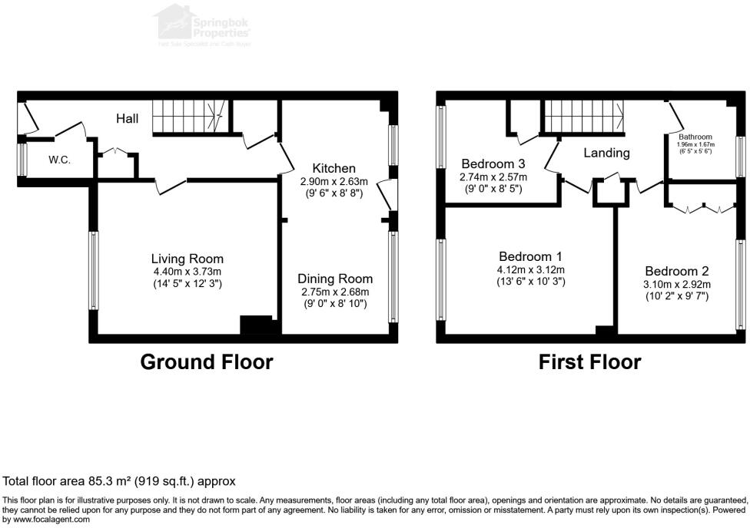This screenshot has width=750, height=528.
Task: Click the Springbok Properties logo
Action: pos(203,24)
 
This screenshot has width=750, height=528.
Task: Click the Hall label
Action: pos(128,119)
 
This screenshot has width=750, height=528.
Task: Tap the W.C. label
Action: pos(60,160)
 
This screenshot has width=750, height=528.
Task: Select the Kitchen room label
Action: pos(334,169)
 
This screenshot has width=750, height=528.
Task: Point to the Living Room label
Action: pos(187,259)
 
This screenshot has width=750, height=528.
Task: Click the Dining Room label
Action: pos(335,279)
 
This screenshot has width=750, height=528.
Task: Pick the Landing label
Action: pos(606,153)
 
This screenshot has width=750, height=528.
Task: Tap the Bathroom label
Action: pos(695,137)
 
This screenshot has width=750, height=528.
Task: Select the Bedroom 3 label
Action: pos(493,164)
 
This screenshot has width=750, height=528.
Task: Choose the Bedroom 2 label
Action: pos(676,271)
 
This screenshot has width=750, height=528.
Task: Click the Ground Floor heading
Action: pos(206,362)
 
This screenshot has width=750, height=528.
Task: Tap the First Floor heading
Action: pos(589,362)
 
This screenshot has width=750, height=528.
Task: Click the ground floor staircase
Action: pos(187,117)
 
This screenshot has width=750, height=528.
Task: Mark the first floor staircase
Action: pos(584,117)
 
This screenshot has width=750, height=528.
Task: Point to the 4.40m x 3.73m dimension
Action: pos(187,272)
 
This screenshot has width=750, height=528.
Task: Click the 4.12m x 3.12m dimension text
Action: pos(530,270)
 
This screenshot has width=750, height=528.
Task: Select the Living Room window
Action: pos(94,270)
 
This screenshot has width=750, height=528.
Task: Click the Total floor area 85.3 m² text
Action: pos(119,482)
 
